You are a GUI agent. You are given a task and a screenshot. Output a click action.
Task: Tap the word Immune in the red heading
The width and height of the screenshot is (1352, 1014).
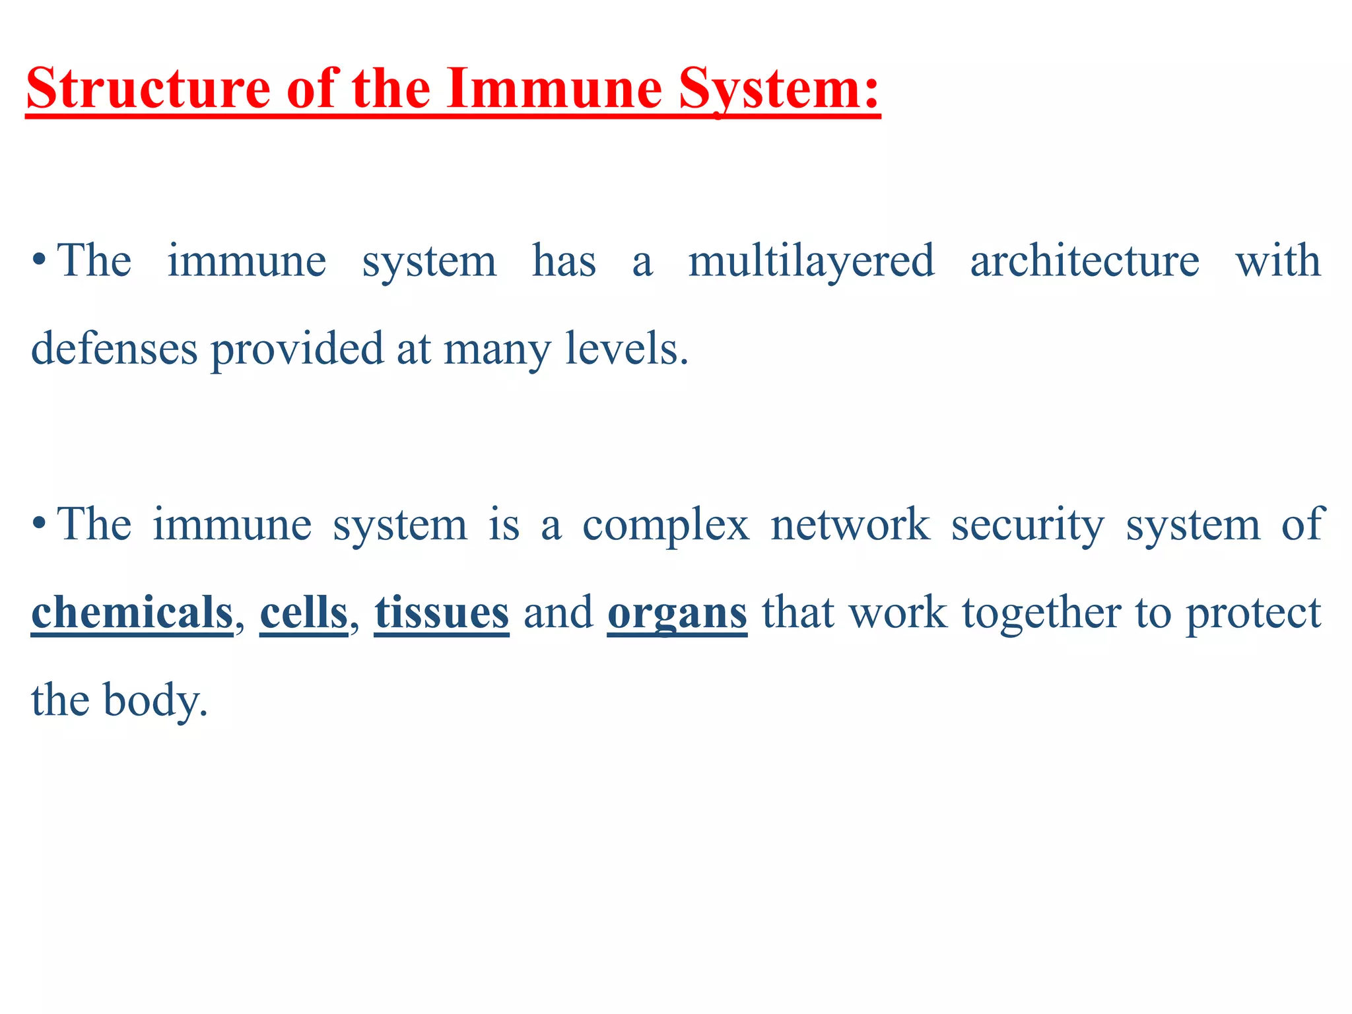click(554, 89)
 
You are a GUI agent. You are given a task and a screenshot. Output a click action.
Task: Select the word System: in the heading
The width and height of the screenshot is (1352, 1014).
click(780, 89)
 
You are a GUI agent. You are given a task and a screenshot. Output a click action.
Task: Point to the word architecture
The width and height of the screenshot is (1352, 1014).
click(1084, 261)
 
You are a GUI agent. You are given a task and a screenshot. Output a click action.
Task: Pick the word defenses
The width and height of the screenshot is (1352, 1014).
click(114, 349)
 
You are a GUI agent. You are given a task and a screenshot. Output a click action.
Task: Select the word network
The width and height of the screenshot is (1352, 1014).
click(850, 525)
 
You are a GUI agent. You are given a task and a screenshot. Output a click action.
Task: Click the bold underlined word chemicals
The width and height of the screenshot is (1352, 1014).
click(132, 613)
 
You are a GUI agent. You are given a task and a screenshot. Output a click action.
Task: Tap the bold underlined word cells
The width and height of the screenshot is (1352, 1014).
click(304, 613)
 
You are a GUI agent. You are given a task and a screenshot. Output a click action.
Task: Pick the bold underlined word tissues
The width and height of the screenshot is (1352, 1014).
click(442, 613)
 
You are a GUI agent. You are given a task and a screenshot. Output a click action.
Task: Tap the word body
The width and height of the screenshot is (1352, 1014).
click(155, 700)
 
